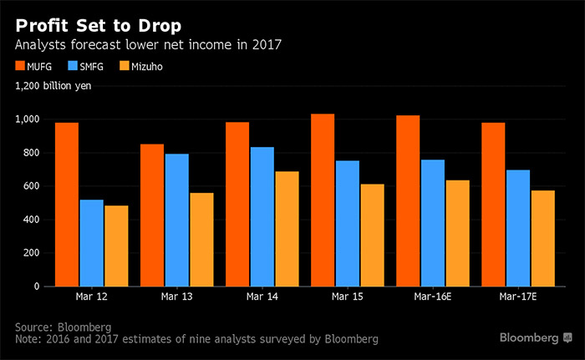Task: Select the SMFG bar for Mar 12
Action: pos(92,243)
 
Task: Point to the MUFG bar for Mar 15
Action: pos(323,200)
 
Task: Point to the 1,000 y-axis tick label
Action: pos(27,119)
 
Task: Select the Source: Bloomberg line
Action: pos(64,325)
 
